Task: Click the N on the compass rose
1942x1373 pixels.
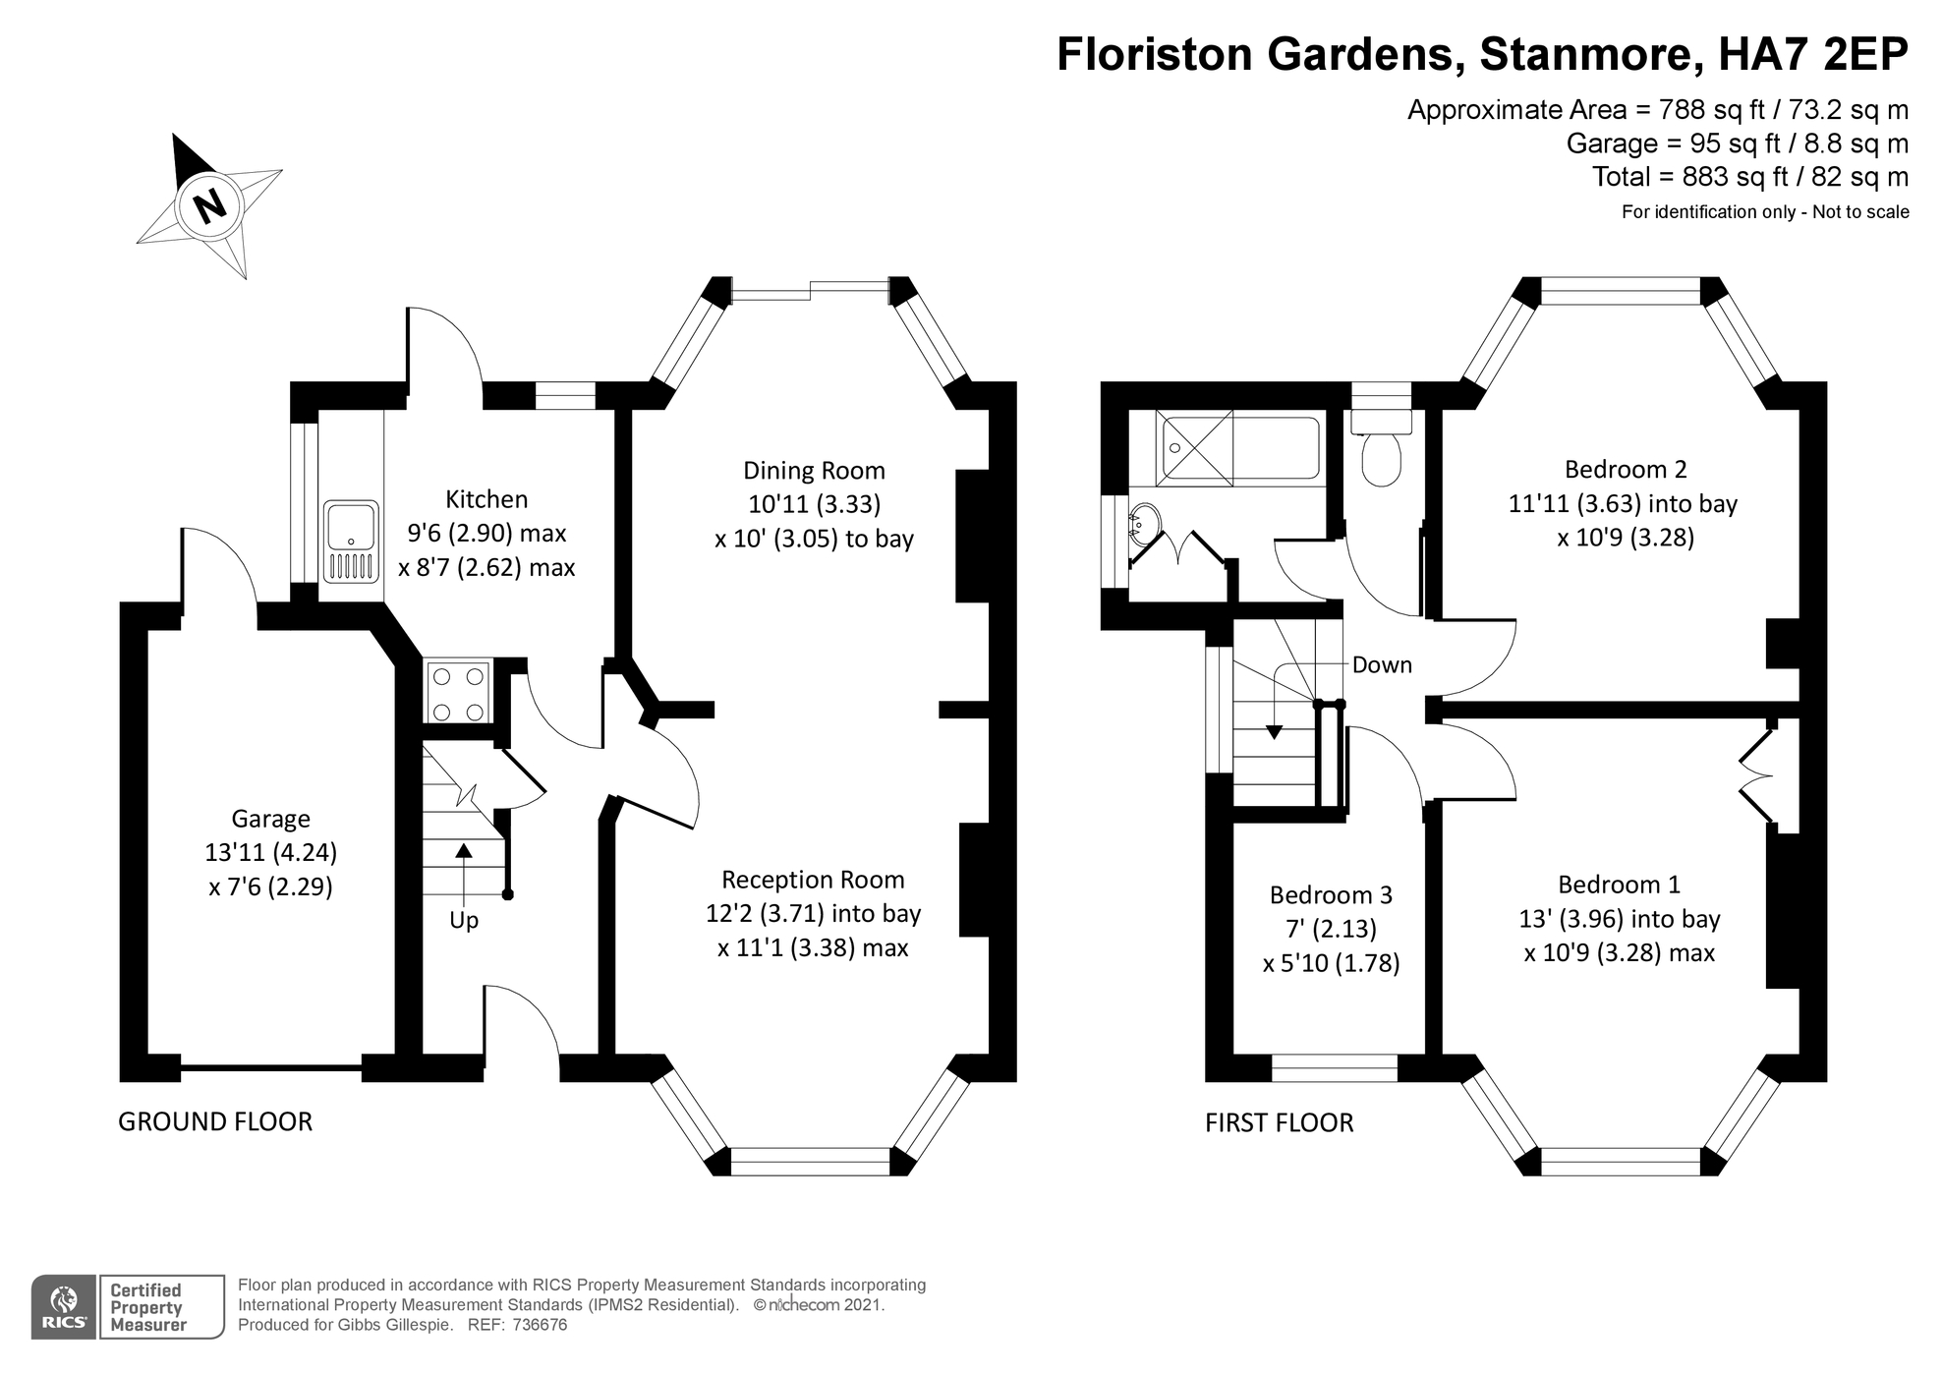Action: pos(207,206)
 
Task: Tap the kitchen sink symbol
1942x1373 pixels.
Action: pos(352,542)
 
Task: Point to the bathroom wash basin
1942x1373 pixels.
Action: pos(1144,525)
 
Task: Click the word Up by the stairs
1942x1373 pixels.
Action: pos(463,921)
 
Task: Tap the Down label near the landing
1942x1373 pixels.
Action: pos(1382,665)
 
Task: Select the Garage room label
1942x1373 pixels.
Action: pos(270,819)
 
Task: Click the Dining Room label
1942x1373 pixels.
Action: pos(814,471)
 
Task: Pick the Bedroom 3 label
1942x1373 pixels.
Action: pos(1331,895)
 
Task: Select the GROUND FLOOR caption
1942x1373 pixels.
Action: pos(215,1121)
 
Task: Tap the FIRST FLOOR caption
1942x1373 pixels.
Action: pos(1279,1122)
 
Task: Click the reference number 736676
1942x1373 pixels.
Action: pos(539,1325)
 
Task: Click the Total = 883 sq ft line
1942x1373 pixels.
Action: pos(1749,177)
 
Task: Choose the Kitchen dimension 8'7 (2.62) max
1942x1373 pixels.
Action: pos(486,568)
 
